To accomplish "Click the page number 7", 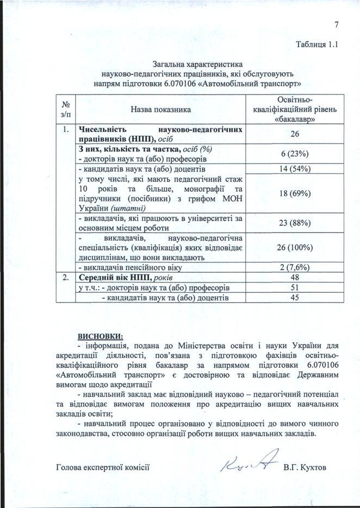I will click(x=337, y=24).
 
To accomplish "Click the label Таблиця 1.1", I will click(x=318, y=44).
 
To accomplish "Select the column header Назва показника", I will click(x=160, y=110).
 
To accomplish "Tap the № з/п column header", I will click(x=66, y=109).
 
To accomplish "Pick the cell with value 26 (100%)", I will click(x=295, y=248).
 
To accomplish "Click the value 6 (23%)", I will click(x=295, y=154).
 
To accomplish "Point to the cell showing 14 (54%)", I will click(x=295, y=168).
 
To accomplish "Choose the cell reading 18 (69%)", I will click(x=295, y=193).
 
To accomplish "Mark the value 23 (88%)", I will click(x=295, y=222).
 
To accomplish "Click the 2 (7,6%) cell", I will click(x=295, y=267).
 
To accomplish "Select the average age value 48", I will click(x=295, y=277).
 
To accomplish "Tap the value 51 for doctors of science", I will click(x=295, y=287).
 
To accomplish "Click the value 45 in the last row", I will click(x=295, y=297).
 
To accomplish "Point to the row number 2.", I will click(x=65, y=277).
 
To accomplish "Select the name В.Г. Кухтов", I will click(x=305, y=467).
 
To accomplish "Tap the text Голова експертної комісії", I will click(x=103, y=467).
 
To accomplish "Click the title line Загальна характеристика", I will click(x=197, y=64).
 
